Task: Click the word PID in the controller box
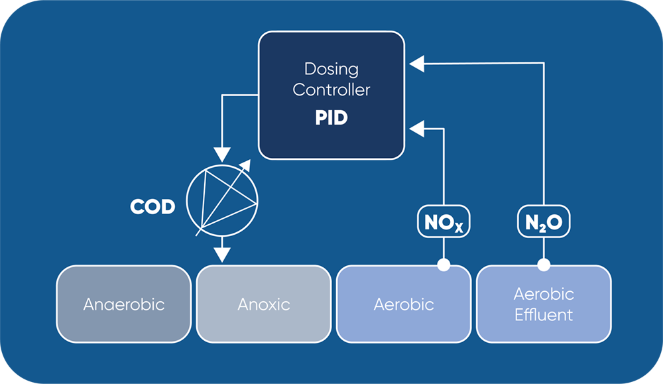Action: click(331, 119)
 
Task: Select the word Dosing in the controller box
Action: click(331, 69)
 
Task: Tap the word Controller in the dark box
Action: click(331, 90)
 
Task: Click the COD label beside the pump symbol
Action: click(152, 207)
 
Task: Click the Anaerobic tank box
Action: click(124, 304)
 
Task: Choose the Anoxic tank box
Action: click(264, 304)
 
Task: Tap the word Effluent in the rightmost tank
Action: click(544, 314)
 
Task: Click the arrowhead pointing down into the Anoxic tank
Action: click(222, 253)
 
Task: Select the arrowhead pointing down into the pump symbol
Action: click(222, 152)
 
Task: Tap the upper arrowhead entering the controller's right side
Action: click(416, 64)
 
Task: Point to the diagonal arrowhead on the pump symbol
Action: click(245, 164)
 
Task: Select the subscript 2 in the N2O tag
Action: click(541, 228)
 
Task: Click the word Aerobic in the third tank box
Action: click(403, 304)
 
